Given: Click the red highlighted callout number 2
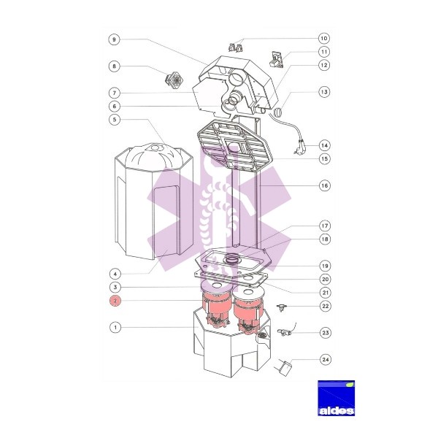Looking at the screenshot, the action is pyautogui.click(x=115, y=301).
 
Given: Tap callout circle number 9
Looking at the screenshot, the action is pyautogui.click(x=114, y=39).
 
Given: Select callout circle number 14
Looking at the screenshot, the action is pyautogui.click(x=324, y=145).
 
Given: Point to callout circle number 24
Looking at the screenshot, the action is pyautogui.click(x=326, y=359).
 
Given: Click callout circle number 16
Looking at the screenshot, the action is pyautogui.click(x=325, y=185).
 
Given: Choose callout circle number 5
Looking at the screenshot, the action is pyautogui.click(x=115, y=120).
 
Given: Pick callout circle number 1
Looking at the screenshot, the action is pyautogui.click(x=115, y=327).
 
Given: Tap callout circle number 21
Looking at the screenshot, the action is pyautogui.click(x=326, y=293).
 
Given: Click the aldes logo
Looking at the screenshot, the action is pyautogui.click(x=337, y=398).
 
